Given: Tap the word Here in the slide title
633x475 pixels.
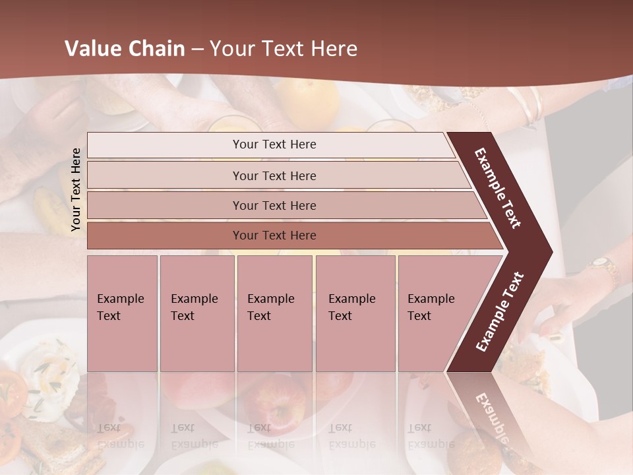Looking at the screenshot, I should (333, 49).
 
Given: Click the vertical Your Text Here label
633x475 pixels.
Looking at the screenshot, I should (76, 189).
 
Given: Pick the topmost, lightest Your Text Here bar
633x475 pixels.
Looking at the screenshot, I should (274, 144).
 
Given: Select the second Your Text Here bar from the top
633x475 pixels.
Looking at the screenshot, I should (274, 175).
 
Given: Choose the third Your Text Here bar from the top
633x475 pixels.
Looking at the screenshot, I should (274, 205).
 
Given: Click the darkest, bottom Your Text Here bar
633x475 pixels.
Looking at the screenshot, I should (274, 236).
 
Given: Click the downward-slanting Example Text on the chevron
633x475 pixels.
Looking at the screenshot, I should (498, 188).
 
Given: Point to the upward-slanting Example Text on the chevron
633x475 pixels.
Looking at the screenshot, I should (499, 312).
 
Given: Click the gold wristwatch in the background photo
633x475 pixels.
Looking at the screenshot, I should (603, 266).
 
